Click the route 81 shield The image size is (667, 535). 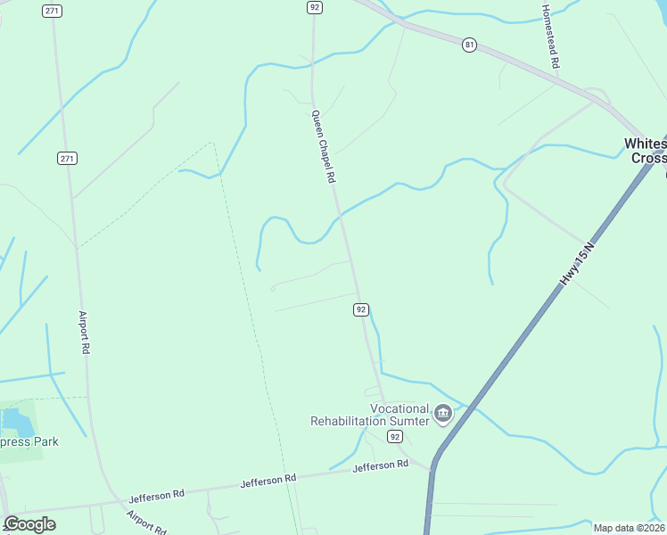(469, 45)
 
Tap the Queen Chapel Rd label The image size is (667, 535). (323, 146)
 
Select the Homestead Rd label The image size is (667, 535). (551, 37)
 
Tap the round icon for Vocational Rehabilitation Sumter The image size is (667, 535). (443, 414)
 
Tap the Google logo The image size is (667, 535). (29, 523)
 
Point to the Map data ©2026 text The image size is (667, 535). (629, 528)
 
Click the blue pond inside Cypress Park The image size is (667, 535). (13, 419)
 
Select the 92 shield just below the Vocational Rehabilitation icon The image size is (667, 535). (395, 436)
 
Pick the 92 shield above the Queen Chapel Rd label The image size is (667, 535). (314, 7)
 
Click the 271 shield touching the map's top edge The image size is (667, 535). (52, 10)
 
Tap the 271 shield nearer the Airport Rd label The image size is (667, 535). (68, 158)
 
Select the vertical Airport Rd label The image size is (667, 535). (84, 333)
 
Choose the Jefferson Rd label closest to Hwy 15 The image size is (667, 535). (380, 465)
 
